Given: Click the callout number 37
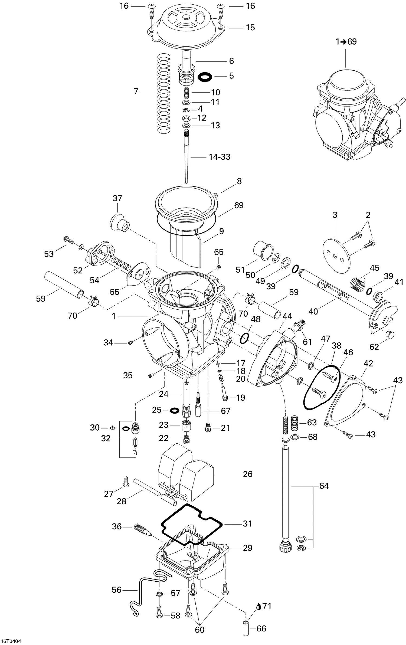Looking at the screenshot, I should (117, 198).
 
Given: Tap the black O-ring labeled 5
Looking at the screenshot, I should (205, 76).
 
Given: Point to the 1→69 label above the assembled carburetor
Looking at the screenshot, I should (346, 42).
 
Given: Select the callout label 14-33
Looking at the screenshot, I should (220, 157).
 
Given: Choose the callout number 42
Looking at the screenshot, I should (368, 364).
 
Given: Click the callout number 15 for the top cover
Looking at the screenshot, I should (250, 28).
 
